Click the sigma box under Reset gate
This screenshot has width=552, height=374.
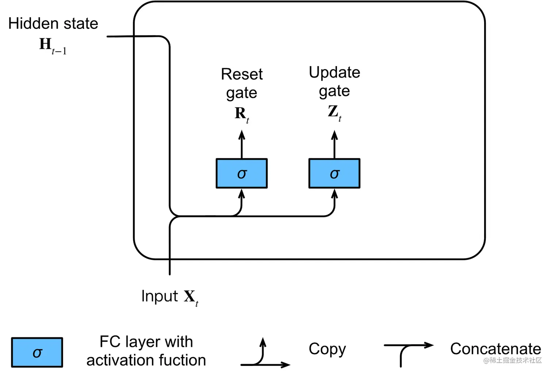pyautogui.click(x=242, y=173)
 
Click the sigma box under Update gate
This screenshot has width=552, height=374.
pyautogui.click(x=334, y=173)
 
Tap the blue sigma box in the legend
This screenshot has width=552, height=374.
pyautogui.click(x=37, y=352)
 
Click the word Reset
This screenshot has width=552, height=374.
pyautogui.click(x=242, y=74)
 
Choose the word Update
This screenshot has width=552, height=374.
pyautogui.click(x=334, y=72)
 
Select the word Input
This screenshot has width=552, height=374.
pyautogui.click(x=160, y=296)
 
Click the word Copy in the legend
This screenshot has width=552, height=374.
pyautogui.click(x=327, y=349)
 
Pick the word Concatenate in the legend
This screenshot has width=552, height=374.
pyautogui.click(x=495, y=349)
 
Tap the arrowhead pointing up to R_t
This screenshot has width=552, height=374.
pyautogui.click(x=242, y=135)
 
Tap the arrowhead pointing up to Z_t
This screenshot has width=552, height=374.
pyautogui.click(x=334, y=135)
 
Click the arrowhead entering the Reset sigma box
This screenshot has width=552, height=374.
pyautogui.click(x=242, y=194)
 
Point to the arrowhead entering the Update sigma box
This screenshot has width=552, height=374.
pyautogui.click(x=334, y=194)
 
